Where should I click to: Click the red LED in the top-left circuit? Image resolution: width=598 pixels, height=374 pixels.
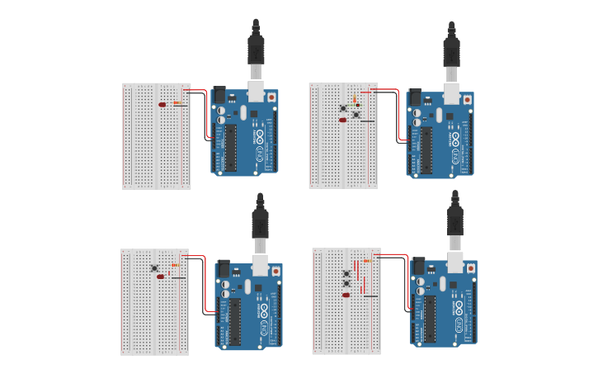tap(162, 105)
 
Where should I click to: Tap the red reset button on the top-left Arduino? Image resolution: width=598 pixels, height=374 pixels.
tap(273, 97)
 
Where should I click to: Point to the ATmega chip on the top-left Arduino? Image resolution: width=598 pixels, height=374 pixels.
tap(232, 149)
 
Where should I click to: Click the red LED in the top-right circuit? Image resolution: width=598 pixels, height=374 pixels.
tap(342, 120)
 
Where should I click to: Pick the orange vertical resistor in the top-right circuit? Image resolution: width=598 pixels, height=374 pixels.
tap(354, 99)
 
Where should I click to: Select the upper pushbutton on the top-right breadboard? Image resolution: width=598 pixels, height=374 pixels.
tap(343, 107)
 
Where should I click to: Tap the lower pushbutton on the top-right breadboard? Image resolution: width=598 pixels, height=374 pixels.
tap(356, 115)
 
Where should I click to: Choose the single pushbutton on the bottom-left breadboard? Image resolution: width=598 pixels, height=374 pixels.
tap(154, 267)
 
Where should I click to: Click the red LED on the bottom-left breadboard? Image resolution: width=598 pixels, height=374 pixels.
tap(160, 277)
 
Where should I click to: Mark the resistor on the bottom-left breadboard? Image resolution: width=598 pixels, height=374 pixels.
tap(175, 266)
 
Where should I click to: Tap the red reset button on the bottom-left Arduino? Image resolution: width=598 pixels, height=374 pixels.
tap(276, 270)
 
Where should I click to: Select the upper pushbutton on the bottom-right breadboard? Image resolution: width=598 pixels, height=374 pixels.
tap(346, 272)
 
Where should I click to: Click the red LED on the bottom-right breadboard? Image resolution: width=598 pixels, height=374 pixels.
tap(346, 294)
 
